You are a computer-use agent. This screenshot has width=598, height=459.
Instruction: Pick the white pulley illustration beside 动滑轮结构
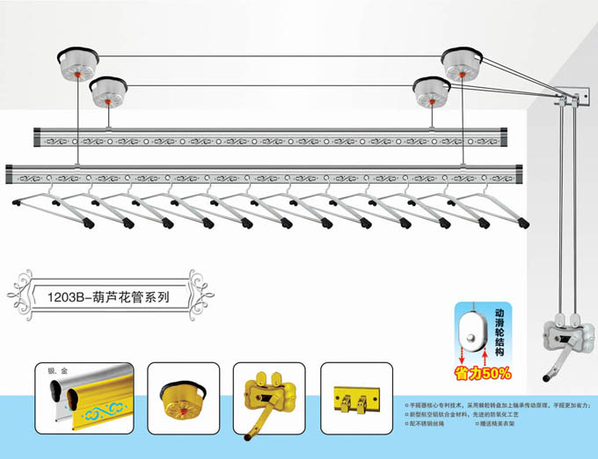pos(472,334)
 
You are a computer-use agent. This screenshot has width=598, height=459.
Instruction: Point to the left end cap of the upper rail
pos(38,136)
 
